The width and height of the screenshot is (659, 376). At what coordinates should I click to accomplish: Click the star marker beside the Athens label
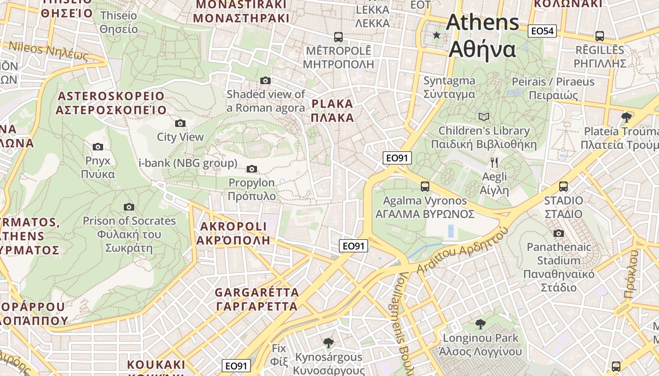(x=437, y=35)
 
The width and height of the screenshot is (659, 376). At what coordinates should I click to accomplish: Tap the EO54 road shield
(x=542, y=31)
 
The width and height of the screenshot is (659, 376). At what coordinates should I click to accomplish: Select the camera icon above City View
(x=180, y=123)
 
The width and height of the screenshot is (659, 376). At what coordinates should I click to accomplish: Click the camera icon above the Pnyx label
(x=98, y=147)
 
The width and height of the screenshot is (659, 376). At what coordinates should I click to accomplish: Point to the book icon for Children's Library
(x=483, y=117)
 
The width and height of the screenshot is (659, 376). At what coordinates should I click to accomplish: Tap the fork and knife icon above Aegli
(x=494, y=163)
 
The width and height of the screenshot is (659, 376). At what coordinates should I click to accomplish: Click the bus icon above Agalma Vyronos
(x=425, y=186)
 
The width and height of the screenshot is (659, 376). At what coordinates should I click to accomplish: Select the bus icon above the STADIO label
(x=563, y=186)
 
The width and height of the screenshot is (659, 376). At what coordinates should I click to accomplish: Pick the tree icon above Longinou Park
(x=480, y=324)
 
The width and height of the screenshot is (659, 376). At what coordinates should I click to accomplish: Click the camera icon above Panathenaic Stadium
(x=558, y=233)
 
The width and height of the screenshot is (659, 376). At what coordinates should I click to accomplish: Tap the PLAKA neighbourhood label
(x=332, y=110)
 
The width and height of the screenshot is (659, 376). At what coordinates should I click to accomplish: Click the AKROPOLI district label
(x=233, y=233)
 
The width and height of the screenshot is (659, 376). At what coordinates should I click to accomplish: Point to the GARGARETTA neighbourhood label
(x=257, y=299)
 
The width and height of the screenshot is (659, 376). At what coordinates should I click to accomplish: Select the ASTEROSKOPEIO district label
(x=111, y=103)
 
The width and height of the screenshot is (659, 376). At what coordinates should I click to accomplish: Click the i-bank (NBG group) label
(x=188, y=163)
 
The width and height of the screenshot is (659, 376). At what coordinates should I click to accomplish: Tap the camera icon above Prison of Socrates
(x=129, y=207)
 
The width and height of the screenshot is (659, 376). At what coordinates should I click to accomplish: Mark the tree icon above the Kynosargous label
(x=329, y=343)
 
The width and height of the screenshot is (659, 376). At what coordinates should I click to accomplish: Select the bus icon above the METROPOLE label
(x=338, y=37)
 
